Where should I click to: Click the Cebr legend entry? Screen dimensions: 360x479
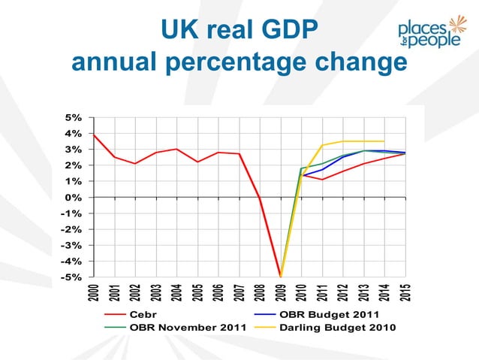[x=142, y=314]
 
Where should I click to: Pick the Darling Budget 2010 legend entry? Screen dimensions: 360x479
[x=338, y=328]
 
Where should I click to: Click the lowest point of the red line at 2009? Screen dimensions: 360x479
[x=281, y=276]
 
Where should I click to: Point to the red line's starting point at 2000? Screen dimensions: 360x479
[x=93, y=135]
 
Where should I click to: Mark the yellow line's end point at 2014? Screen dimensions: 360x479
[x=385, y=141]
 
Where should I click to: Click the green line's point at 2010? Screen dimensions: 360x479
[x=302, y=168]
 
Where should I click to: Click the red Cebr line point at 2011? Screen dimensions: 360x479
[x=323, y=180]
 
